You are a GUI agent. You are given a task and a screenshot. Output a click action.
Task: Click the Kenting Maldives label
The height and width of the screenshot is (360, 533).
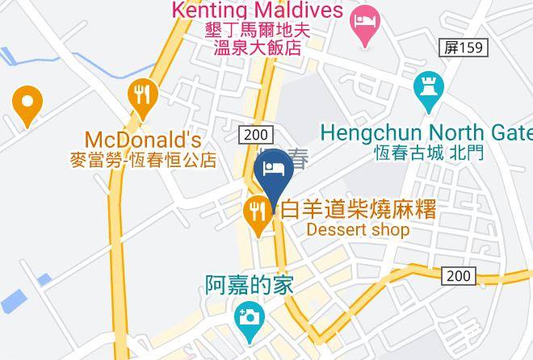coord(256,10)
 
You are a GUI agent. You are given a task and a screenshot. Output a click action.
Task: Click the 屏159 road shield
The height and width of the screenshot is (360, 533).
coord(464,48)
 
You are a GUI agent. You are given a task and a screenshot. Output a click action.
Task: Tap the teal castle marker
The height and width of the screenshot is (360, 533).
coord(426,90)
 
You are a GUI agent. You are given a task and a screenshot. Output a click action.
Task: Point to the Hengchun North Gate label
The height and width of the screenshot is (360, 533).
coord(426,132)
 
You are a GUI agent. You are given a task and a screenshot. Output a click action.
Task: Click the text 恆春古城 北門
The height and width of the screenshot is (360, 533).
coord(429,152)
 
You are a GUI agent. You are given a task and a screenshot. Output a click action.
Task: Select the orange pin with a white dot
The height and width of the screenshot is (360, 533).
coord(27,104)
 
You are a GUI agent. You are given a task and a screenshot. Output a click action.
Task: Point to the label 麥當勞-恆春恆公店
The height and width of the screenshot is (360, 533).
coord(143,159)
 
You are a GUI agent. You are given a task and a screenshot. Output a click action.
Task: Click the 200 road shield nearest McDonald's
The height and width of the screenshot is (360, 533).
coord(257,134)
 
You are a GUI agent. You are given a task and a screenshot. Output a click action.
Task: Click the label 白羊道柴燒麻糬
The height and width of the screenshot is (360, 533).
coord(358,210)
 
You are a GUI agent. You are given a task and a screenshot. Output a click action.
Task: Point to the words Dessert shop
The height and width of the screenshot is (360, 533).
coord(358,230)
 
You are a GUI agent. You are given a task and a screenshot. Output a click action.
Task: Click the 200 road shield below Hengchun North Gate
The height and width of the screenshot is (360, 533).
coord(459,276)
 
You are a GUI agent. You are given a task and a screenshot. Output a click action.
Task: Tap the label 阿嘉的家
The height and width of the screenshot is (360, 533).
coord(248,285)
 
